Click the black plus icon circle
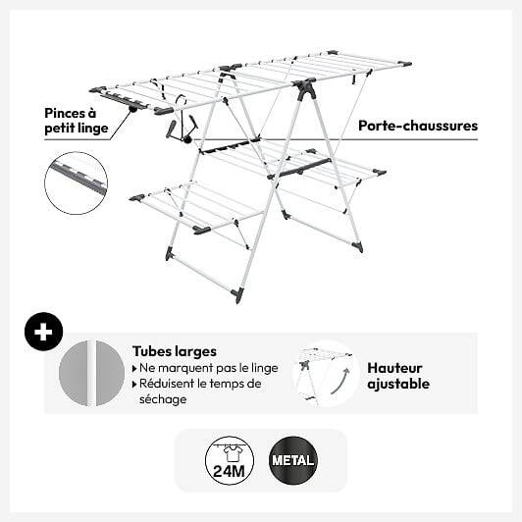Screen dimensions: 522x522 (x=43, y=332)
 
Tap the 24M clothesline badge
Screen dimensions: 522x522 (x=230, y=460)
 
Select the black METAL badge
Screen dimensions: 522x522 (x=293, y=460)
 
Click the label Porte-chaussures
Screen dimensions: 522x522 (x=418, y=126)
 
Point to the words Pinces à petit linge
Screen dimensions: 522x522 (x=77, y=121)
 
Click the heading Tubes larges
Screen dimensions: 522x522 (x=175, y=351)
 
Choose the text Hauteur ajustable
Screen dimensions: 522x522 (x=398, y=376)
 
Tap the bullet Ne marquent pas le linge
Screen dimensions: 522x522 (x=205, y=368)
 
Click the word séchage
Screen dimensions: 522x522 (x=163, y=399)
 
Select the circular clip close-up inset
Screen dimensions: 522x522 (x=77, y=183)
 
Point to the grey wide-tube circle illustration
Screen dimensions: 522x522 (x=91, y=373)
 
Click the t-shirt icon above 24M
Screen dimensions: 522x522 (x=232, y=453)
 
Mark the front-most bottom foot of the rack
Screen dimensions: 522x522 (x=238, y=295)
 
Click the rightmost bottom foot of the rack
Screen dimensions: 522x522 (x=358, y=246)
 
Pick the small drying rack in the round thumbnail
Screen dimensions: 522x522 (x=326, y=373)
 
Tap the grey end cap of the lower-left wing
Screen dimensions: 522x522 (x=137, y=198)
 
